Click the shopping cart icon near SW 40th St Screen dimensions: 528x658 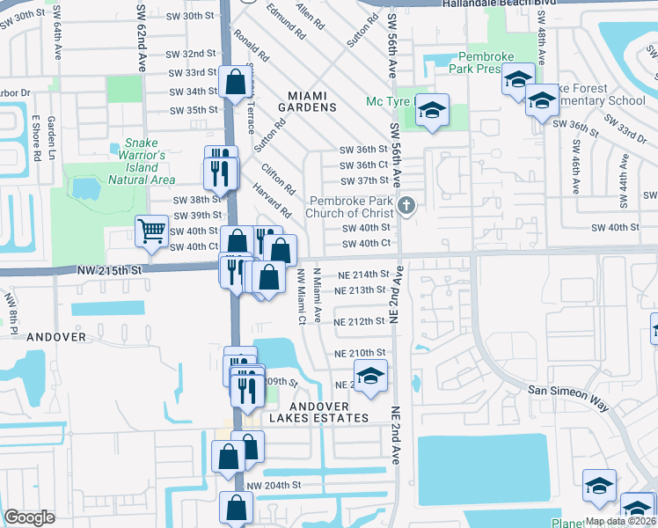click(152, 231)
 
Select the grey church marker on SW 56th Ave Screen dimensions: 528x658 click(406, 206)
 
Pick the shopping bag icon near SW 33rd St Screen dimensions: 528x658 click(237, 84)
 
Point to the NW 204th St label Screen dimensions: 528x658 click(274, 485)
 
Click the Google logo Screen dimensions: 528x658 click(29, 517)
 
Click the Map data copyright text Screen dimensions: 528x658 click(621, 521)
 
